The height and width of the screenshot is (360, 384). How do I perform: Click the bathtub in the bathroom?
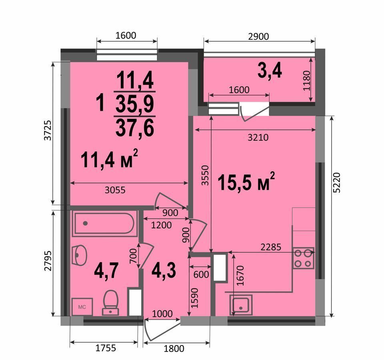pos(104,224)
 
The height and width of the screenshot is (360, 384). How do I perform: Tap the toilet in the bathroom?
pos(111,302)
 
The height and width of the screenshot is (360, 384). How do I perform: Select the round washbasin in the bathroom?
pos(80,255)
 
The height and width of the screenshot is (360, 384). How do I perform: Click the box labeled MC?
pos(82,307)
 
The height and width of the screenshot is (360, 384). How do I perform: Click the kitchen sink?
pos(241,305)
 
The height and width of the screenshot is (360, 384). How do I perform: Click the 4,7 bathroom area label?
pos(106,270)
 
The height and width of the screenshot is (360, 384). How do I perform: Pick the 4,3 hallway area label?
pos(164,270)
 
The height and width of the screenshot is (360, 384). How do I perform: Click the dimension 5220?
pos(337,182)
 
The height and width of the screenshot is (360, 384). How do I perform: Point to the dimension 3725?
pos(48,130)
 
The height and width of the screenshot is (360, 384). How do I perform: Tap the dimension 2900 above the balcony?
pos(258,36)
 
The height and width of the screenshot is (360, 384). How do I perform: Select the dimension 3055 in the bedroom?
pos(115,190)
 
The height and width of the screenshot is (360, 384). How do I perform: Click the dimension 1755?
pos(106,348)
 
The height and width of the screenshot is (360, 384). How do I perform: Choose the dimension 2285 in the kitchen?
pos(271,247)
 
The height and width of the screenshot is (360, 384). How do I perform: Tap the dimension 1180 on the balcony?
pos(306,80)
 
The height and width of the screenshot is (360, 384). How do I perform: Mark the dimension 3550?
pos(205,175)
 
